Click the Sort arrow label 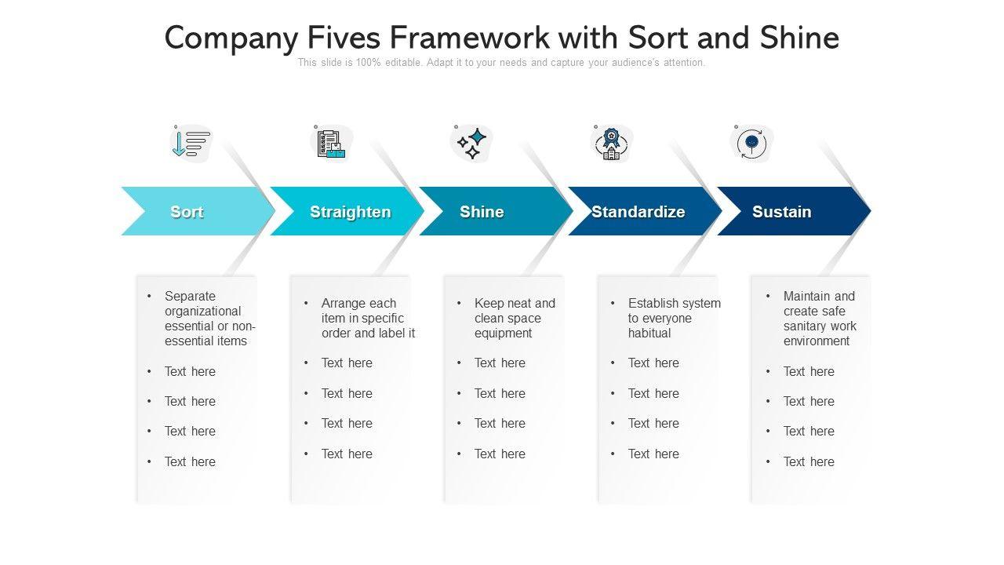tap(187, 212)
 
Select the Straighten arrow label tap(350, 212)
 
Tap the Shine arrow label tap(482, 212)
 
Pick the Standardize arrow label tap(638, 212)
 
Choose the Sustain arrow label tap(781, 212)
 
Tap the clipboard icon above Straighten tap(331, 144)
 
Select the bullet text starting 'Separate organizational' tap(209, 319)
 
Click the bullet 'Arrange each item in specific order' tap(368, 318)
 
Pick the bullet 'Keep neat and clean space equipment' tap(515, 318)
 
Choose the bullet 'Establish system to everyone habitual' tap(674, 318)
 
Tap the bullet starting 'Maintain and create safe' tap(820, 319)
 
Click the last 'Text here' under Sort tap(190, 461)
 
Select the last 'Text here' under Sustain tap(809, 461)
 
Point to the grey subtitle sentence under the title tap(501, 63)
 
